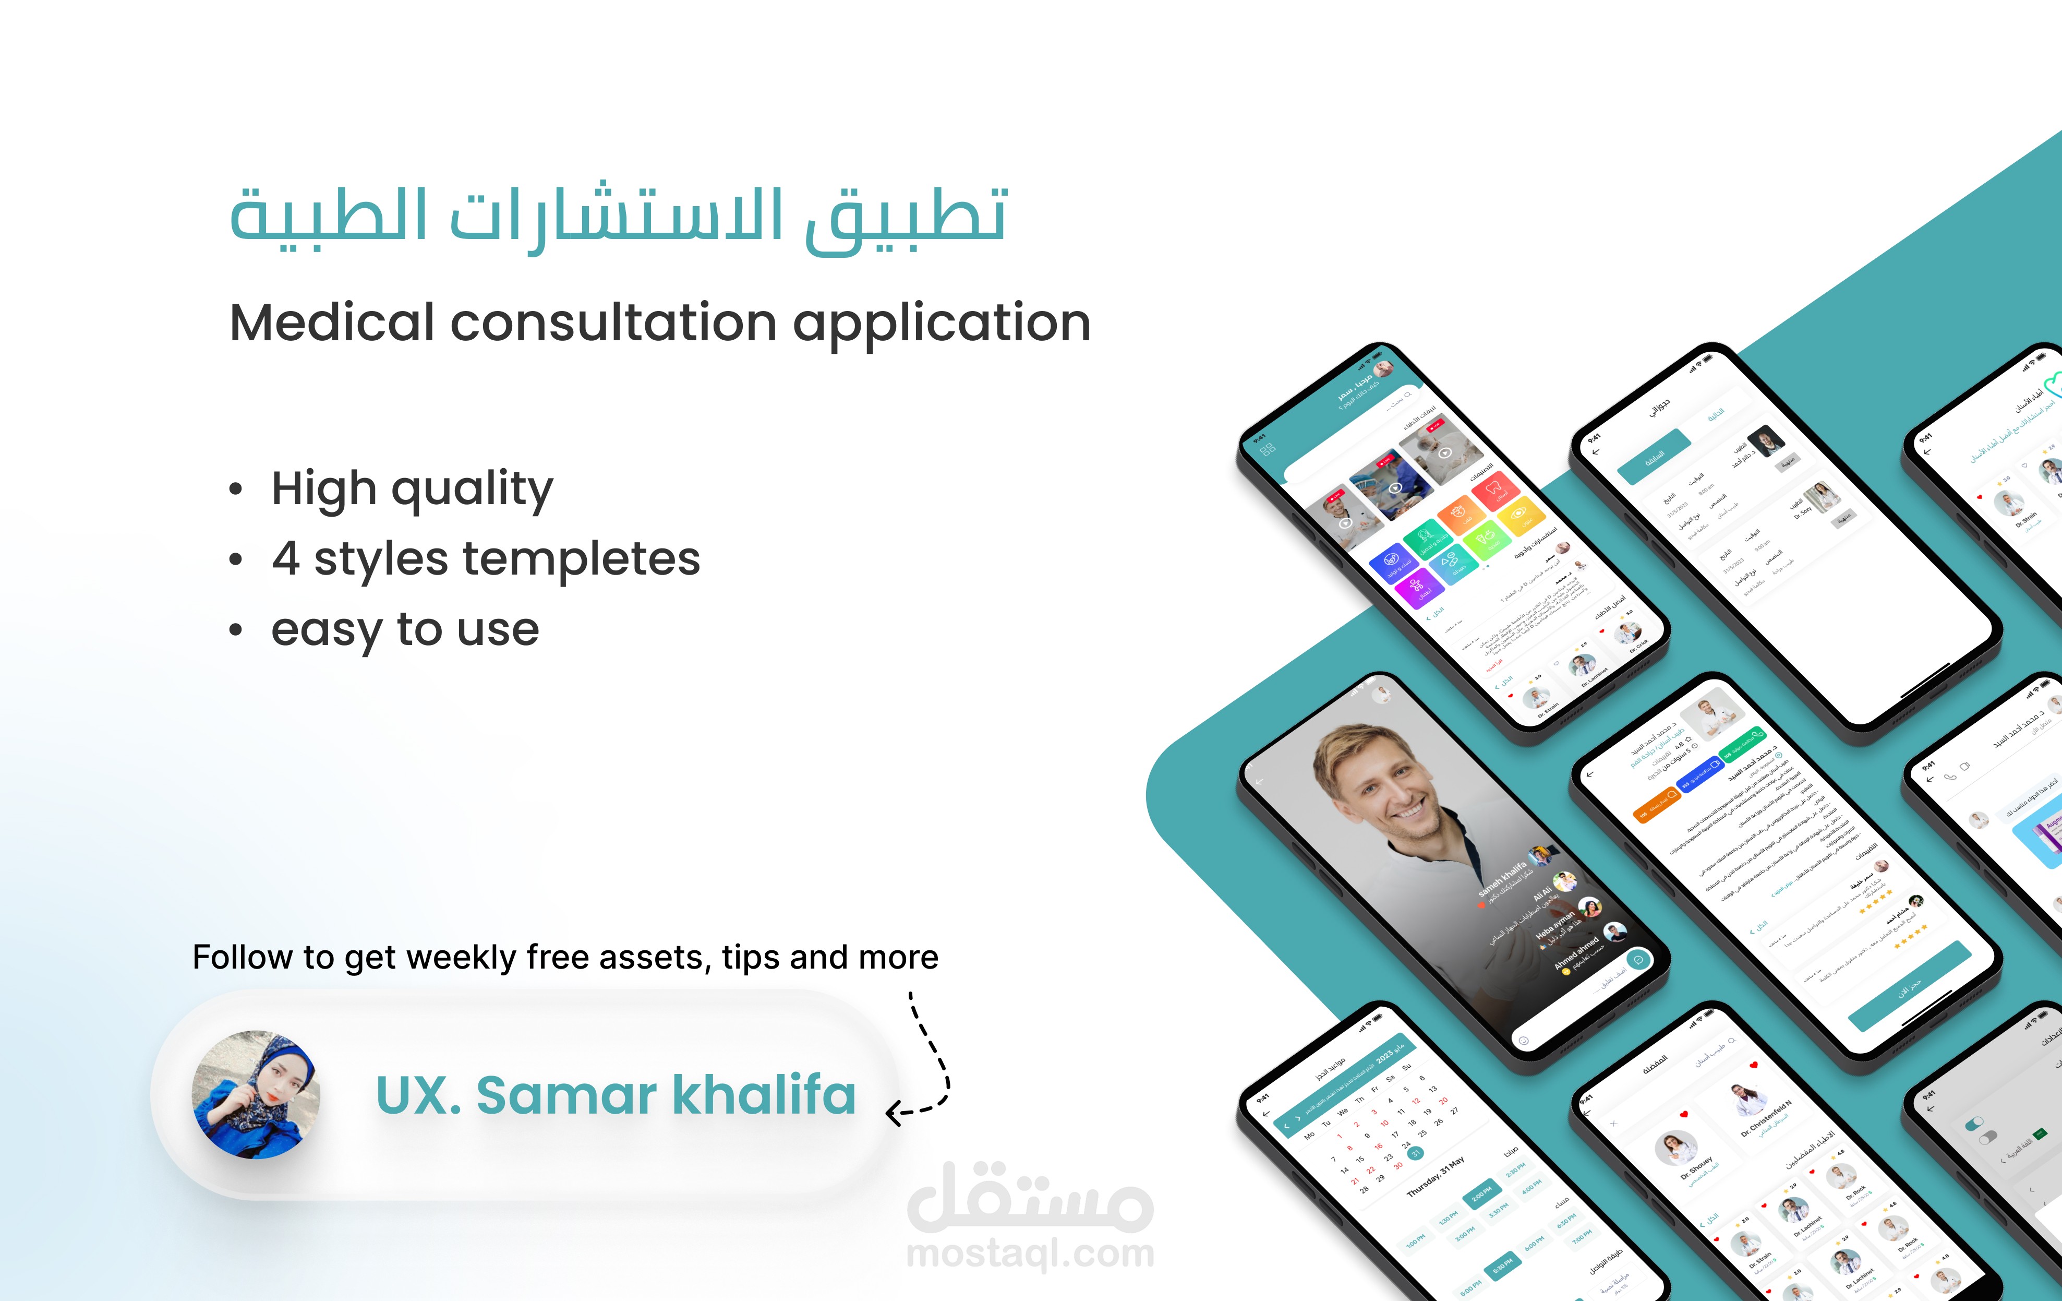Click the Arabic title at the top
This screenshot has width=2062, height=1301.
point(618,216)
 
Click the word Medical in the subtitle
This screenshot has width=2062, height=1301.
point(332,323)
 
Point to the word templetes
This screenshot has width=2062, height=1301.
point(582,559)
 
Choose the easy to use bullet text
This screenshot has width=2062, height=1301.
point(405,630)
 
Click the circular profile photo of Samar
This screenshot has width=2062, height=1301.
point(256,1094)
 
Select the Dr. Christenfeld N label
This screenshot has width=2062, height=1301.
point(1766,1118)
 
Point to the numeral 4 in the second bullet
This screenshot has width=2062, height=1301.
point(286,559)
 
